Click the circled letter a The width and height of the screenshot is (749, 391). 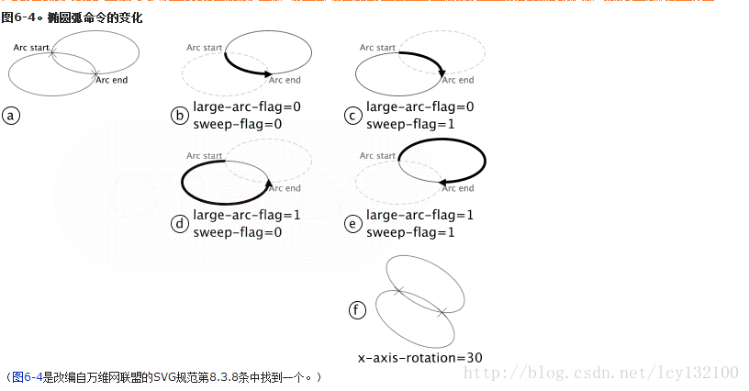tap(11, 116)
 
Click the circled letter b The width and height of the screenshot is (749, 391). tap(180, 116)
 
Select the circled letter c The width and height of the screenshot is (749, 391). tap(352, 116)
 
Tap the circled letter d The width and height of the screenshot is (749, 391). tap(180, 224)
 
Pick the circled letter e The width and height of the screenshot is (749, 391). tap(352, 224)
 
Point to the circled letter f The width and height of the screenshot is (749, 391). tap(358, 310)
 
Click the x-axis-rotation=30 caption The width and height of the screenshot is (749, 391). tap(420, 357)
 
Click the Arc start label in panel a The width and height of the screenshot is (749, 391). tap(32, 46)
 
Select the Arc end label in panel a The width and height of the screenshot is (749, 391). tap(112, 80)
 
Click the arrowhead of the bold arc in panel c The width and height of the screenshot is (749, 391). tap(442, 72)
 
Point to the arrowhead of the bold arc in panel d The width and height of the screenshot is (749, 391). tap(269, 183)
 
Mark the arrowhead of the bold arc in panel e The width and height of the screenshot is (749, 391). tap(443, 183)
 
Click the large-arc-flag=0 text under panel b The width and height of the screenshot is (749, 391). tap(247, 106)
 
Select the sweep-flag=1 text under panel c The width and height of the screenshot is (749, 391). tap(410, 124)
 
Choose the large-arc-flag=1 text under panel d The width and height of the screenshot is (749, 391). tap(247, 216)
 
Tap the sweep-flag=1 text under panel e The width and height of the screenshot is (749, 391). tap(410, 232)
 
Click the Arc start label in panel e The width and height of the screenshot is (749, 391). tap(377, 156)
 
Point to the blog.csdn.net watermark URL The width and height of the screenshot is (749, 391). tap(601, 372)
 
